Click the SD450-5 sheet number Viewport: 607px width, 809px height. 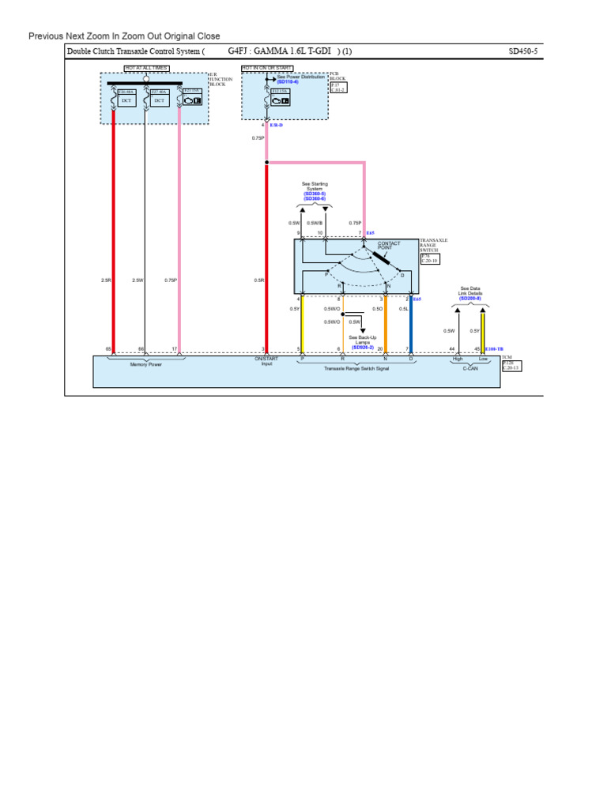coord(522,51)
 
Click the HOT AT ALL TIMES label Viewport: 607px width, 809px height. coord(145,69)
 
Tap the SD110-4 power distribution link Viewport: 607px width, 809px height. coord(288,82)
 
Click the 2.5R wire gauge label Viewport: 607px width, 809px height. coord(106,280)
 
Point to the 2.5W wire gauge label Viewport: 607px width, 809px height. coord(138,280)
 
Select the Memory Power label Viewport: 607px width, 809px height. coord(145,364)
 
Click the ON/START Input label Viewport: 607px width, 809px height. coord(266,361)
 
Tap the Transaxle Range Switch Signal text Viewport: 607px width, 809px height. coord(356,368)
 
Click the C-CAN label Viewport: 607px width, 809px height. coord(470,368)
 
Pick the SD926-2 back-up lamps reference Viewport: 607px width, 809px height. coord(363,348)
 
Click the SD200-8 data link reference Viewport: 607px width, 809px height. coord(470,299)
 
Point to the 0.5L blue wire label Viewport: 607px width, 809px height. coord(403,309)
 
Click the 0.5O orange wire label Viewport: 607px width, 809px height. coord(377,309)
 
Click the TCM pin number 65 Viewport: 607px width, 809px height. coord(108,349)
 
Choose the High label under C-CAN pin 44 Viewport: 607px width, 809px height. coord(457,359)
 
